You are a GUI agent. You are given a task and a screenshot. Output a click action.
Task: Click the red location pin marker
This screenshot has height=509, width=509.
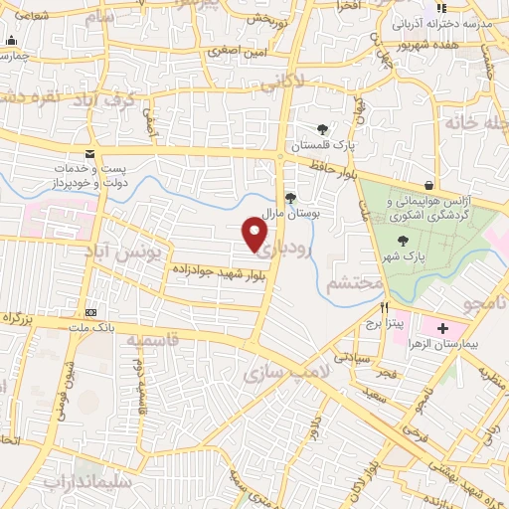click(x=255, y=234)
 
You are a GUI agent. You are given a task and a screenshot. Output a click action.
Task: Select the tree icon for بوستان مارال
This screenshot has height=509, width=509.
click(x=289, y=197)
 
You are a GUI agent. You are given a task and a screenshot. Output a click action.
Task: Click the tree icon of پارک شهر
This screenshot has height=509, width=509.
click(x=403, y=241)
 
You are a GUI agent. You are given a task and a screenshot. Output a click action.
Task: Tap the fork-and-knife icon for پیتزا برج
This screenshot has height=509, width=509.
click(x=370, y=308)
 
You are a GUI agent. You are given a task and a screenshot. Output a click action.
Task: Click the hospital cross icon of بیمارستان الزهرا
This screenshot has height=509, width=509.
click(x=442, y=328)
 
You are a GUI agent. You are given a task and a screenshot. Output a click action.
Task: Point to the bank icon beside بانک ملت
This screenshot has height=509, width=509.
click(x=90, y=311)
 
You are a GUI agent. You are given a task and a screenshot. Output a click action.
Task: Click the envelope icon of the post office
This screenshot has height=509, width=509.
click(x=90, y=154)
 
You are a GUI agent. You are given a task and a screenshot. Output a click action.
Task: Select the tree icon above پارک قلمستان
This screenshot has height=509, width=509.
click(x=322, y=129)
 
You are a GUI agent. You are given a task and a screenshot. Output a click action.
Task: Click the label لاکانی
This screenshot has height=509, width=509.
click(x=282, y=85)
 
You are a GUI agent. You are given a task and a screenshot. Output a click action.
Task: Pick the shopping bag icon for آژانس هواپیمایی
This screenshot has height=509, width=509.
click(x=428, y=185)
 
